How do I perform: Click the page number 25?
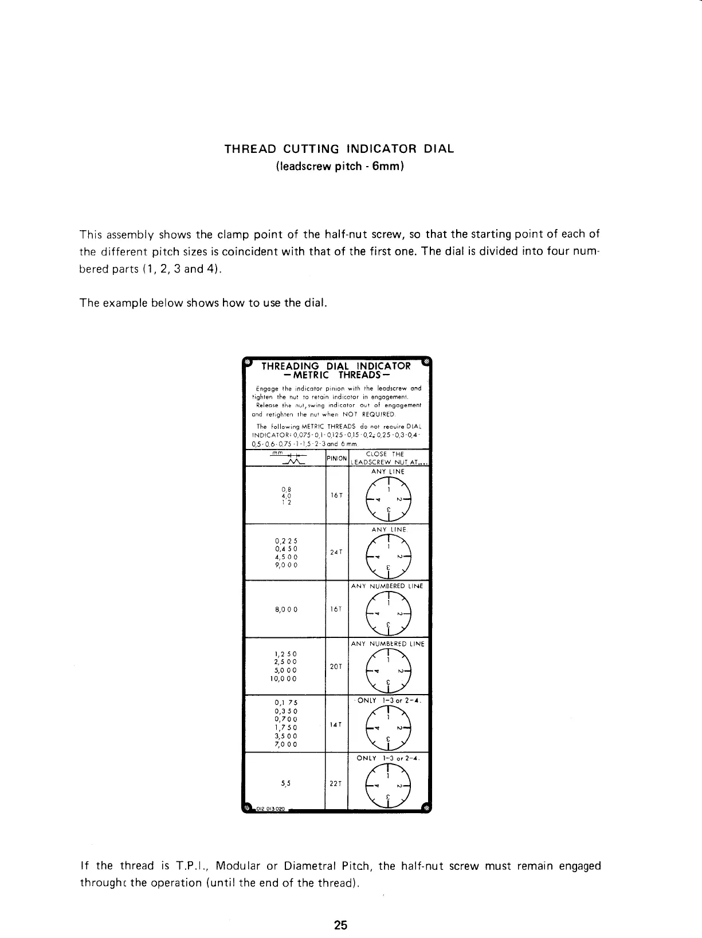coord(341,924)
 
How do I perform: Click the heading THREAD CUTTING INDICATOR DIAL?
coord(339,149)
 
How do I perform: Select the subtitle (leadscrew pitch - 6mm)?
coord(340,167)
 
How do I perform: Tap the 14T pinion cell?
coord(336,724)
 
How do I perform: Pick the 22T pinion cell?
coord(336,783)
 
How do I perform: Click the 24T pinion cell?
coord(336,552)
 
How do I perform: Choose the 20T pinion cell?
coord(336,667)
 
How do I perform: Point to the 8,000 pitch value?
coord(286,609)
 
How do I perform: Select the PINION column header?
coord(336,458)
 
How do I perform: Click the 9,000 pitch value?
coord(286,565)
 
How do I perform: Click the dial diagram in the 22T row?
coord(389,785)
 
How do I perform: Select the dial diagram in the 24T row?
coord(389,555)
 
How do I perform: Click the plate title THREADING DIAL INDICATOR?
coord(336,366)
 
